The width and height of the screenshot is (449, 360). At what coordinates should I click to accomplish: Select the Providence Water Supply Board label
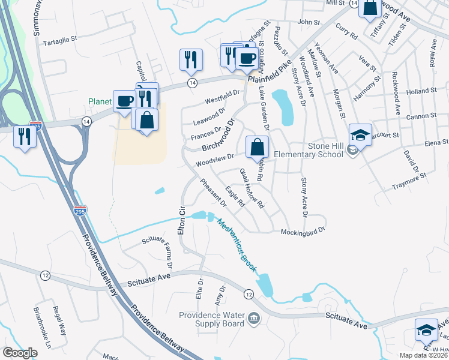tap(212, 320)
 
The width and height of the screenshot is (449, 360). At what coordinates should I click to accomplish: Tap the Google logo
tap(20, 353)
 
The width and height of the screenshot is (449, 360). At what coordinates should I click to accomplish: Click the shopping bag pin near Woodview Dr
tap(256, 147)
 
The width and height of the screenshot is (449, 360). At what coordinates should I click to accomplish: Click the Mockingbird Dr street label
tap(303, 230)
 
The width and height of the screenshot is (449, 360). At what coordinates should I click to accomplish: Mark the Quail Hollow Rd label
tap(252, 187)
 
